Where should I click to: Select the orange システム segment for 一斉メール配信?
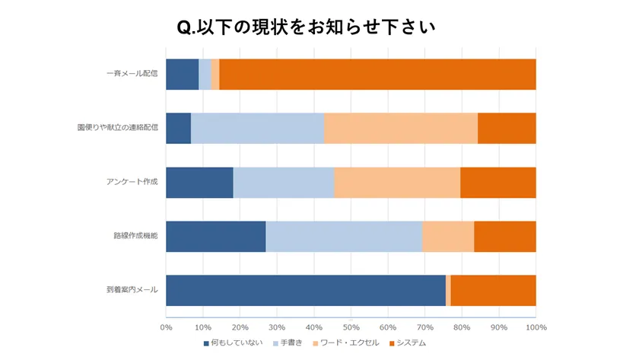click(x=377, y=74)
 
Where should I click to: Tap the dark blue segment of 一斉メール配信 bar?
click(x=182, y=74)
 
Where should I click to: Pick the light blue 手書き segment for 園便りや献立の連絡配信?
click(x=257, y=128)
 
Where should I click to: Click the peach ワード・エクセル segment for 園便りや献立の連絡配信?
click(x=401, y=128)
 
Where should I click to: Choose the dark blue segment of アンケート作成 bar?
click(x=199, y=182)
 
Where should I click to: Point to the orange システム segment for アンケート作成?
click(x=498, y=182)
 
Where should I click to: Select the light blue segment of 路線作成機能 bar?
click(x=344, y=236)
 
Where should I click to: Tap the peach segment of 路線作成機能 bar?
click(x=448, y=236)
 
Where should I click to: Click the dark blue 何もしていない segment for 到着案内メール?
click(x=305, y=290)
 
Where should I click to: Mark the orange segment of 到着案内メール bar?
click(x=493, y=290)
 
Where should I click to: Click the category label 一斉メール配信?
click(x=132, y=74)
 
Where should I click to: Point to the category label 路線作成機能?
click(x=135, y=236)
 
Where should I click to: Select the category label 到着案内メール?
click(x=132, y=290)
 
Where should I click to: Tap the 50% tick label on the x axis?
click(x=351, y=327)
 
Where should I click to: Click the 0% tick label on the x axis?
click(x=166, y=327)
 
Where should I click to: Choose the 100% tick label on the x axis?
click(x=536, y=327)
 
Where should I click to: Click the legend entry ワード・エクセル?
click(x=349, y=344)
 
